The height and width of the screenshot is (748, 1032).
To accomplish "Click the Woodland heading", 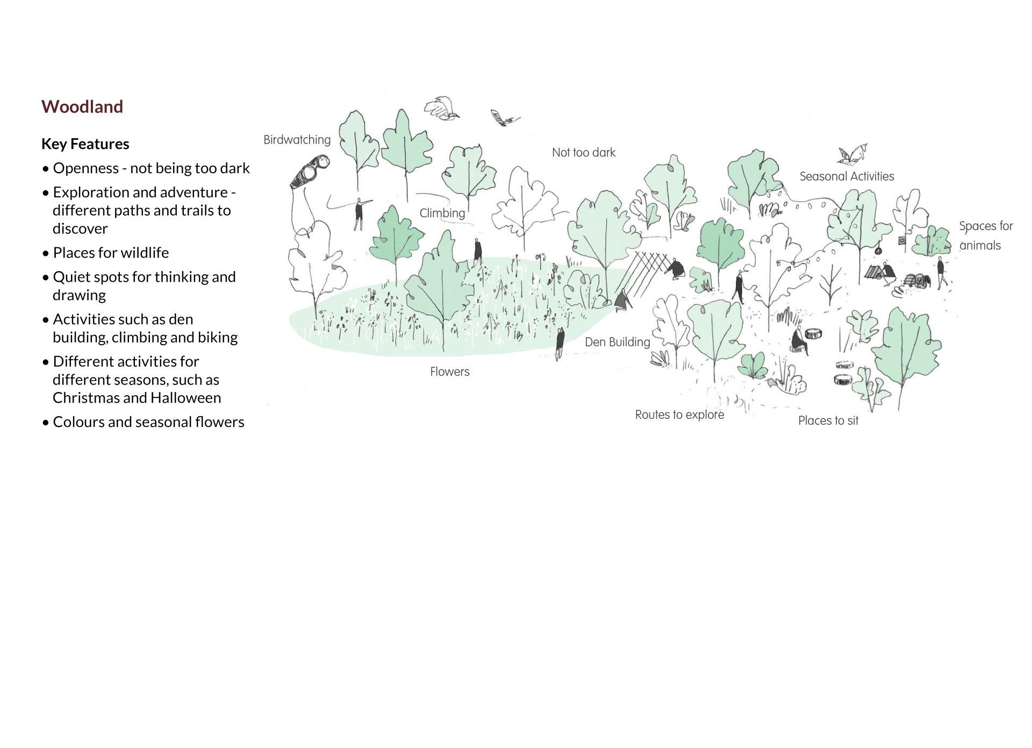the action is [82, 106].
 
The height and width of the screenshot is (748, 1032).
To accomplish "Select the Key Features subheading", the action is [85, 144].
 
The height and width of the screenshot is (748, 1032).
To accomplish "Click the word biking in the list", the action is [218, 337].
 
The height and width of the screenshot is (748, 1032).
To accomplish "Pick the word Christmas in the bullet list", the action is [86, 397].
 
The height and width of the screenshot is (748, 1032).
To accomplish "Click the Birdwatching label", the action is [297, 140].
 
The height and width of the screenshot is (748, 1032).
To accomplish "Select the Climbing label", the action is [442, 213].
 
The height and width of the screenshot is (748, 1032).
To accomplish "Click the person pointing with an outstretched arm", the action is [359, 213].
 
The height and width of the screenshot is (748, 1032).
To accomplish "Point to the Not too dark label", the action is [583, 153].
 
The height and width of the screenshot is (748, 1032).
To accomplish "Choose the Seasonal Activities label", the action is [847, 176].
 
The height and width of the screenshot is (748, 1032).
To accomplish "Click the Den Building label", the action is [617, 342].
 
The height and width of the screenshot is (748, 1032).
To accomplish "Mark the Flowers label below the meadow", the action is [449, 372].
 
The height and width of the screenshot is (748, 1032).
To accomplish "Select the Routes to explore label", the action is [679, 415].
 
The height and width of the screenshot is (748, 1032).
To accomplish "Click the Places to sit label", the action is [828, 421].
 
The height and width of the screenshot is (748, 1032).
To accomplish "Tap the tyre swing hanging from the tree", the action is [878, 250].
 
